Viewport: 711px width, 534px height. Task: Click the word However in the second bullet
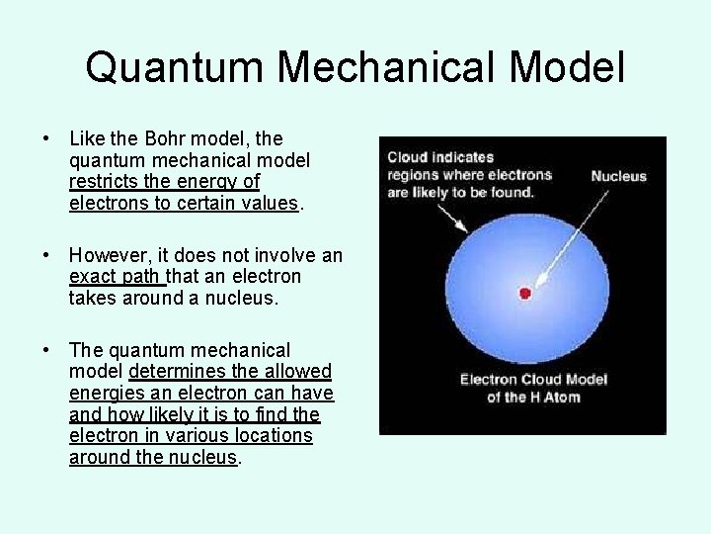tap(114, 255)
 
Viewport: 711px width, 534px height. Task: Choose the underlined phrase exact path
tap(116, 276)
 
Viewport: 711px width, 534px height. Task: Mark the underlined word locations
tap(264, 435)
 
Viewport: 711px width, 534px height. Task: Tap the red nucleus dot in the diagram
tap(525, 293)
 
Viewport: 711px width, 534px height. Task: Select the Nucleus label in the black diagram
tap(618, 177)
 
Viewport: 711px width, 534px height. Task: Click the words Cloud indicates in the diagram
tap(440, 157)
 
